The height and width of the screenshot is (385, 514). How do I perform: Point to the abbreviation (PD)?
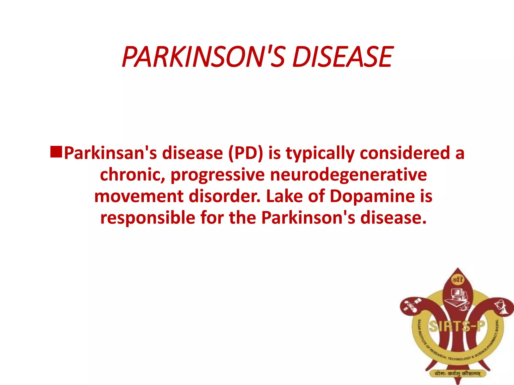pyautogui.click(x=245, y=153)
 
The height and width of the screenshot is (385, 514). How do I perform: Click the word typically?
pyautogui.click(x=320, y=154)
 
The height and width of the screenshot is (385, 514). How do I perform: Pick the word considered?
pyautogui.click(x=405, y=153)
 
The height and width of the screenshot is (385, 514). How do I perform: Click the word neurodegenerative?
pyautogui.click(x=348, y=175)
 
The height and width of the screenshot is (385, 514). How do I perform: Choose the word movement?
pyautogui.click(x=139, y=196)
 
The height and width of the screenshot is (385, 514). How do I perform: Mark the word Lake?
pyautogui.click(x=284, y=196)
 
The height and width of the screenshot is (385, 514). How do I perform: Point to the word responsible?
pyautogui.click(x=148, y=218)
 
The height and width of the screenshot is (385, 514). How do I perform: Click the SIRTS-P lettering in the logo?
pyautogui.click(x=457, y=326)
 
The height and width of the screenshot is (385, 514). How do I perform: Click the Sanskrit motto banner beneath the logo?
pyautogui.click(x=457, y=373)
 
